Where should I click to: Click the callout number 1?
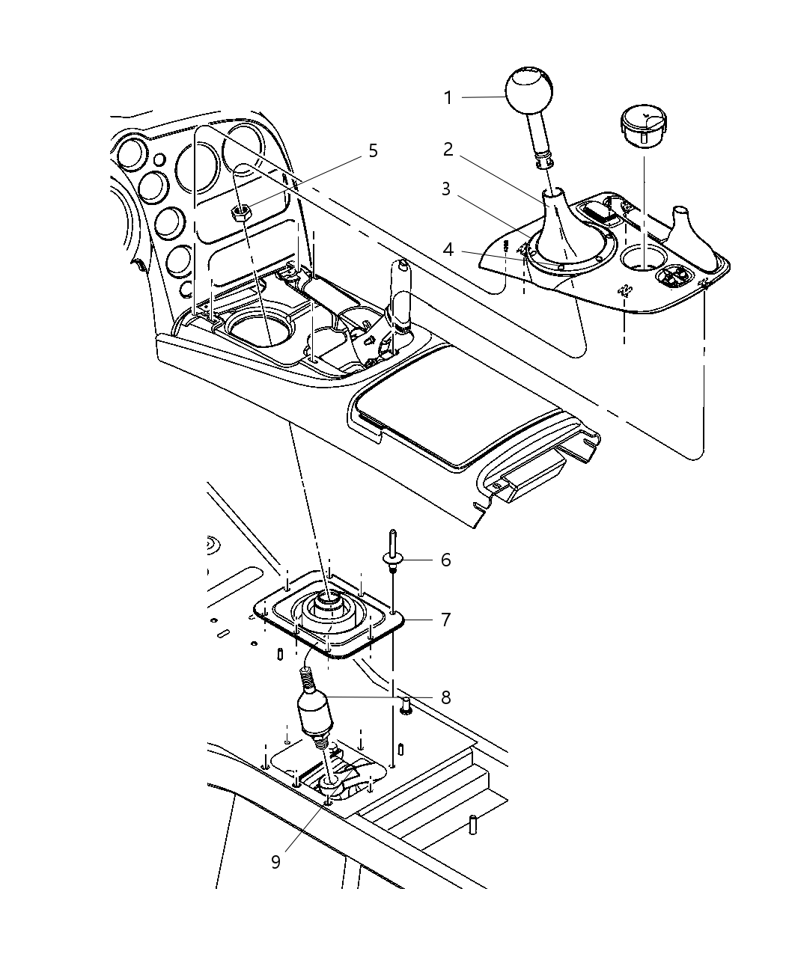[x=448, y=97]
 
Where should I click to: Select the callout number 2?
[x=448, y=150]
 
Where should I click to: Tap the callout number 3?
[x=445, y=189]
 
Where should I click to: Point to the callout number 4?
[x=448, y=248]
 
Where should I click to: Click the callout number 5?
[x=372, y=150]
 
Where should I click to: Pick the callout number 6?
[x=446, y=560]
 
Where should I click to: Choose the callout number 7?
[x=446, y=620]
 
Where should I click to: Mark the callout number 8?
[x=445, y=697]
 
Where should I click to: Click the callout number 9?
[x=275, y=862]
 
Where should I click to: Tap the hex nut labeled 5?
[x=241, y=213]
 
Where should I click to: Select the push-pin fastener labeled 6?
[x=393, y=554]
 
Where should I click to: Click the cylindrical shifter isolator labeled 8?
[x=316, y=714]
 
